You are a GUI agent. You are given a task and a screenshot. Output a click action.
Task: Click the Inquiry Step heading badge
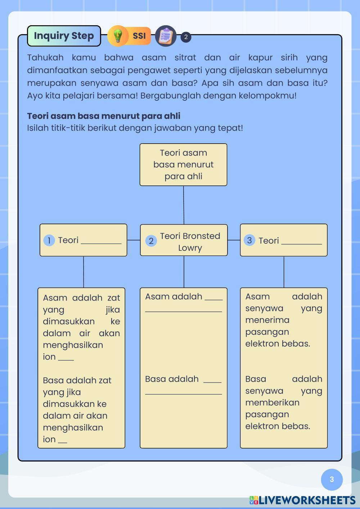pos(64,36)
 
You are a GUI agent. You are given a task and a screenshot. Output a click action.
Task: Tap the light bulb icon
pos(118,36)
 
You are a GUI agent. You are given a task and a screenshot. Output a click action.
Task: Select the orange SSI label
pos(139,36)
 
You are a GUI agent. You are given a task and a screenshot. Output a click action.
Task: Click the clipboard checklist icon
pos(166,36)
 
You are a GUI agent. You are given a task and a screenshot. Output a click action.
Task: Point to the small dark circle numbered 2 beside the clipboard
pos(186,37)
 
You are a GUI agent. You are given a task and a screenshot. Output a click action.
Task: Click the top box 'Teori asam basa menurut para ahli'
pos(183,165)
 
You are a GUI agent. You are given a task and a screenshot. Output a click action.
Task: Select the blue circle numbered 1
pos(49,240)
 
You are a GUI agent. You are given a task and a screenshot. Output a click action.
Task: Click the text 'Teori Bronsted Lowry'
pos(190,242)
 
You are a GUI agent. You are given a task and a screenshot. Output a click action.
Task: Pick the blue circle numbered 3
pos(249,240)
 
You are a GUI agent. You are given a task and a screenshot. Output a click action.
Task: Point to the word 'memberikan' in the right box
pos(272,402)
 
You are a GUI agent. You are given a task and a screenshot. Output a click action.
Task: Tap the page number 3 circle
pos(332,479)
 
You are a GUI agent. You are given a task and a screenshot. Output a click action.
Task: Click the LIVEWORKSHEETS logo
pos(302,500)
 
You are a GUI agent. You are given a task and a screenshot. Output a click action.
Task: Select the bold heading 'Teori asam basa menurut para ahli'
pos(104,116)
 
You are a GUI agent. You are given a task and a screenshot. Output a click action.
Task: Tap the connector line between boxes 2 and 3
pos(234,240)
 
